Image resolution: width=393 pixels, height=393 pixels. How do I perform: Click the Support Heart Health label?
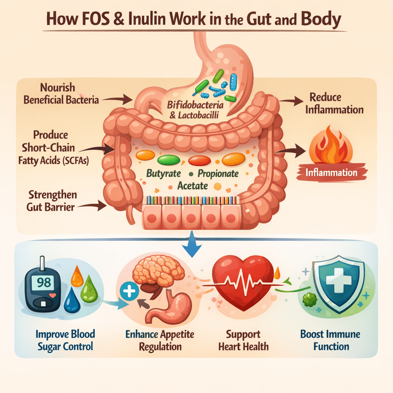click(x=244, y=340)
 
